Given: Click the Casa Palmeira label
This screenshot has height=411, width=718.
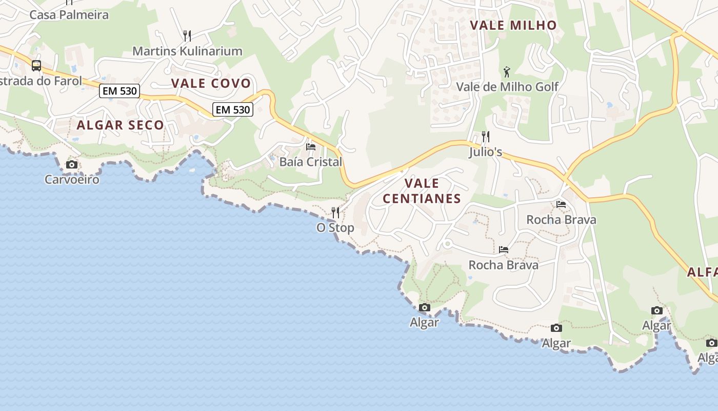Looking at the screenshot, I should point(69,14).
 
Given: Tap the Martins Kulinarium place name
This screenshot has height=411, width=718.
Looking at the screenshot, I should point(187,51).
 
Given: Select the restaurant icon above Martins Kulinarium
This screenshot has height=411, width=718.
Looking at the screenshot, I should point(187,35).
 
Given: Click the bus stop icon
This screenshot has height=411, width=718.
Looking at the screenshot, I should point(36,65).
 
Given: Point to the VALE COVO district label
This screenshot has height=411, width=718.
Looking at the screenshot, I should point(211,83).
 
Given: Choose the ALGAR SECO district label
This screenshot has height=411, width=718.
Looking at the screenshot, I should point(121,125).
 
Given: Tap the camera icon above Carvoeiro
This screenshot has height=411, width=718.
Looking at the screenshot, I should point(72,164).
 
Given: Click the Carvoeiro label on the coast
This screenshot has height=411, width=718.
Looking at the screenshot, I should point(72,179).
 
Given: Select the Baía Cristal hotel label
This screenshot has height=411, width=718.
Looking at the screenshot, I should point(310,162).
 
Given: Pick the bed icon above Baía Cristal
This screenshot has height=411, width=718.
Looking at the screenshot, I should point(310,146).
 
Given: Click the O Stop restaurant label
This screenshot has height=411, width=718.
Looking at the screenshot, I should point(335,228).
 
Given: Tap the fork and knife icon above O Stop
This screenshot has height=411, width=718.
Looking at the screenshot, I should point(335,212).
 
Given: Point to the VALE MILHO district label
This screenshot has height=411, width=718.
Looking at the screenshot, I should point(513,25).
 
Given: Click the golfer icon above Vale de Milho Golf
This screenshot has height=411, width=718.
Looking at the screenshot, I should point(507,71).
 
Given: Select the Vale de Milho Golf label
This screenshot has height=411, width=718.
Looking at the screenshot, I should point(507,86).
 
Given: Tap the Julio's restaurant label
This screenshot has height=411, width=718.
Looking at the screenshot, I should point(485,152).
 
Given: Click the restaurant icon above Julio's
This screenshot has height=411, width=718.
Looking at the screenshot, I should point(485,137).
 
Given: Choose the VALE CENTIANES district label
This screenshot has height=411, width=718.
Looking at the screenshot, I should point(422,191).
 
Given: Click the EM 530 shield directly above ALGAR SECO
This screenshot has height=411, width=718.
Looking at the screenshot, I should point(119,91).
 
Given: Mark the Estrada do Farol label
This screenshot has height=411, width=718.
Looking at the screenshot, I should point(41,81).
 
